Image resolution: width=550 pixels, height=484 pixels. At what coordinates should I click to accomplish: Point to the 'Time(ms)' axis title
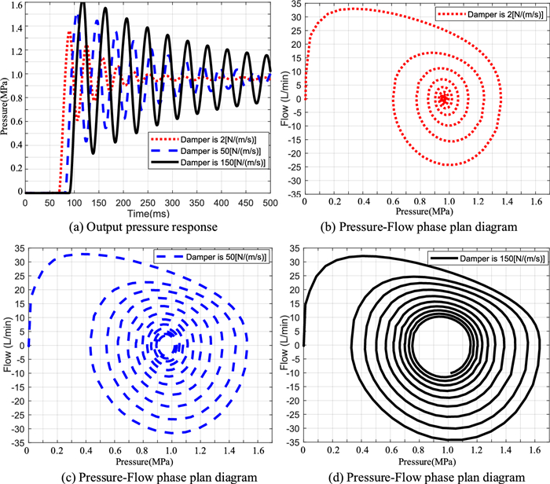point(148,211)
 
